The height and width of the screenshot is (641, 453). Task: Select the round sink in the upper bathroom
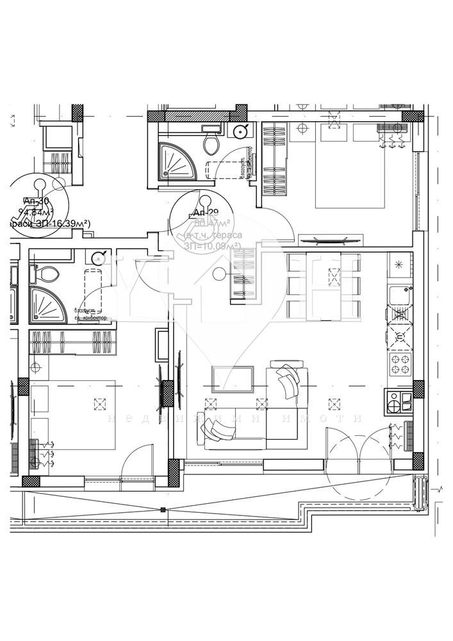pyautogui.click(x=240, y=132)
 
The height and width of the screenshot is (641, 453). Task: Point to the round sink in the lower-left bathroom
pyautogui.click(x=97, y=258)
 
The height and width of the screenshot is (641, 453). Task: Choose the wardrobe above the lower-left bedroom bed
pyautogui.click(x=74, y=342)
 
